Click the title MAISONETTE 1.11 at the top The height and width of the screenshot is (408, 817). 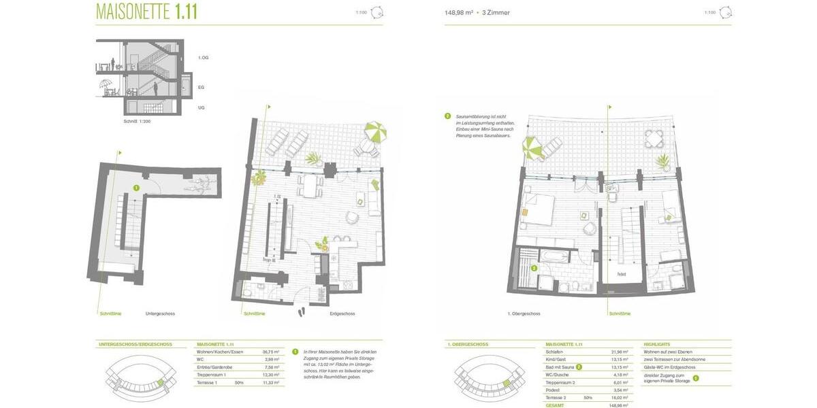pos(146,12)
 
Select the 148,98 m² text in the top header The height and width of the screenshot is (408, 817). pos(459,13)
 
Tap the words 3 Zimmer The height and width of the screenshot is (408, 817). pos(496,13)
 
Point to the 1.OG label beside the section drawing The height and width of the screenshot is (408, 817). pos(203,58)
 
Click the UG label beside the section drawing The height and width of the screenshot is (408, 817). pos(201,107)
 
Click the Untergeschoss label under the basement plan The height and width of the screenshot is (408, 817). pos(160,313)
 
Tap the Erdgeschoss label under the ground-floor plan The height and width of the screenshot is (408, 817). pos(342,313)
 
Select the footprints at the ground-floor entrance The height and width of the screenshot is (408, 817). pos(301,311)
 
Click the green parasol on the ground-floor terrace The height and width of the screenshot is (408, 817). pos(374,131)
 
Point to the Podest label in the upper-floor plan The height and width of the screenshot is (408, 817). pos(622,274)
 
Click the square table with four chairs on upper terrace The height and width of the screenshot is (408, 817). pos(654,139)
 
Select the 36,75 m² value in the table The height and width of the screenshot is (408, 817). pos(271,352)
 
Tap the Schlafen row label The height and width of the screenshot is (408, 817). pos(554,352)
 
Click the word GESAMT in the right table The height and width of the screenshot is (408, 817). pos(555,405)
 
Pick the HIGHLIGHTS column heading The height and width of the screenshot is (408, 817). pos(657,344)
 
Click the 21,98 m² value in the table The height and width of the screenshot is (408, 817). pos(620,352)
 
